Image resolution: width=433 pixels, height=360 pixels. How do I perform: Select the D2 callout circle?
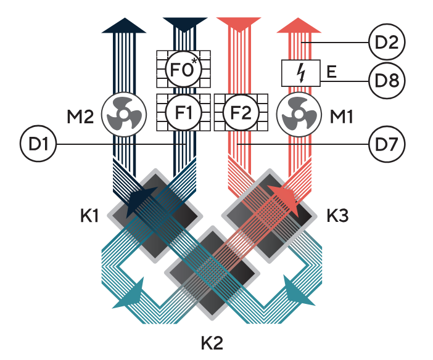(384, 43)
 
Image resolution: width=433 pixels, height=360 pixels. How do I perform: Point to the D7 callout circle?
(384, 144)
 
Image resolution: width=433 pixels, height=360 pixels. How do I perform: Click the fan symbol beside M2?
(123, 113)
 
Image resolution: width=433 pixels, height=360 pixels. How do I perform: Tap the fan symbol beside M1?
(299, 113)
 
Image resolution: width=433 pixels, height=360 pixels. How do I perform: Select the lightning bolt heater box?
(300, 73)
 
